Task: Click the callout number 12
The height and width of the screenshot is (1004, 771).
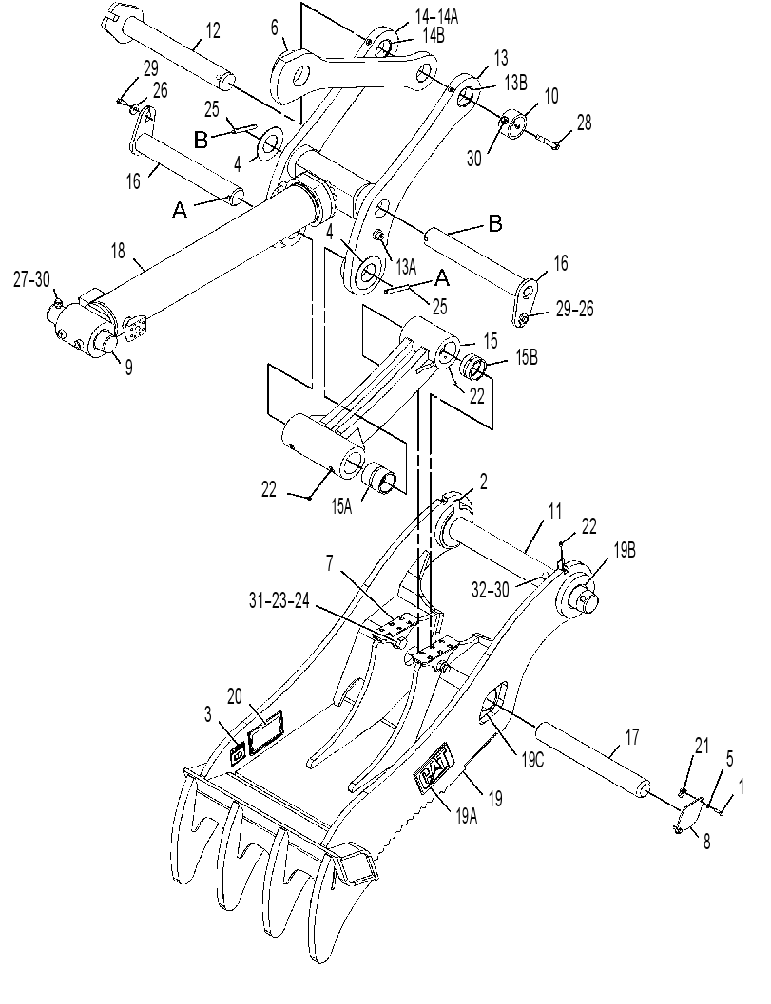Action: pos(212,30)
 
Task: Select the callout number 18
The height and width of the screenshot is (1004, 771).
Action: pos(119,251)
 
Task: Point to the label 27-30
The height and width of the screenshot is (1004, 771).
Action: pos(31,280)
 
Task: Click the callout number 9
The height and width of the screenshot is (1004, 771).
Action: pos(129,367)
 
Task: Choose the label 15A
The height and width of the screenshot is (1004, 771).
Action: pos(341,507)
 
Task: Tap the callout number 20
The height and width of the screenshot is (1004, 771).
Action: pos(235,695)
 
